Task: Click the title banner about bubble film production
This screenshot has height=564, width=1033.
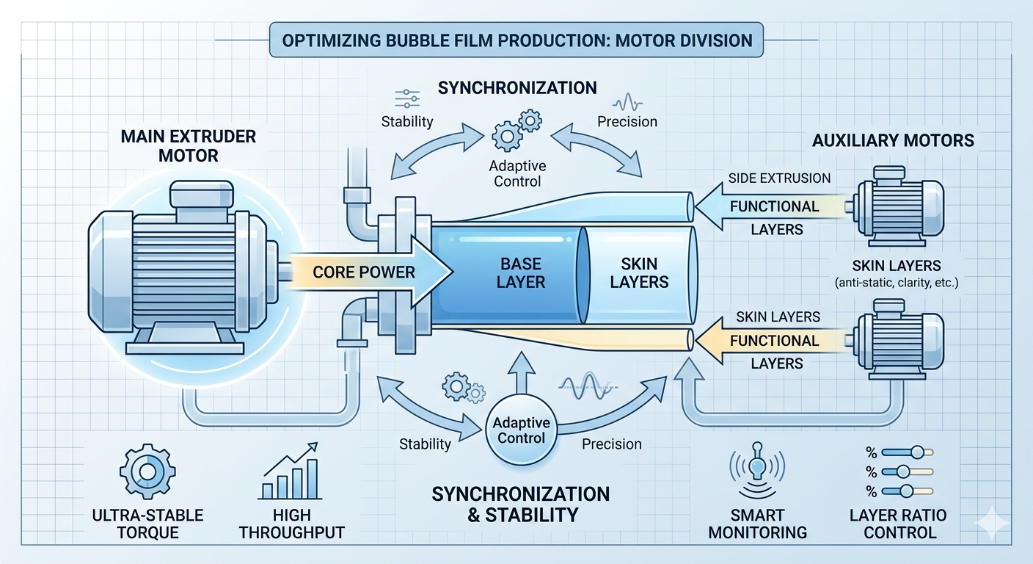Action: coord(516,40)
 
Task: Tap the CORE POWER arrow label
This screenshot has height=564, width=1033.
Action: coord(363,272)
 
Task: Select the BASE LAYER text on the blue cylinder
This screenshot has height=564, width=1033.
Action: coord(522,272)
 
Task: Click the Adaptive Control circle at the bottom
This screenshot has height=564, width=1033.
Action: coord(519,430)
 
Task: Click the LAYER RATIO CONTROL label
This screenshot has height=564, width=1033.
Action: coord(899,524)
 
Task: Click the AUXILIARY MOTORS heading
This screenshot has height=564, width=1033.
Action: coord(893,140)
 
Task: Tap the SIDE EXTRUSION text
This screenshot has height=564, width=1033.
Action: coord(779,178)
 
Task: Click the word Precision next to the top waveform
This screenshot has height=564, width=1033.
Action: coord(627,122)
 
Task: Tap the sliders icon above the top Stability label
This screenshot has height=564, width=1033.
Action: coord(406,99)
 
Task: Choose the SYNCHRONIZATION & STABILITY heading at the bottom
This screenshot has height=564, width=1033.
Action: coord(520,504)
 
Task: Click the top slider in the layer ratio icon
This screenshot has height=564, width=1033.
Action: coord(908,453)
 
